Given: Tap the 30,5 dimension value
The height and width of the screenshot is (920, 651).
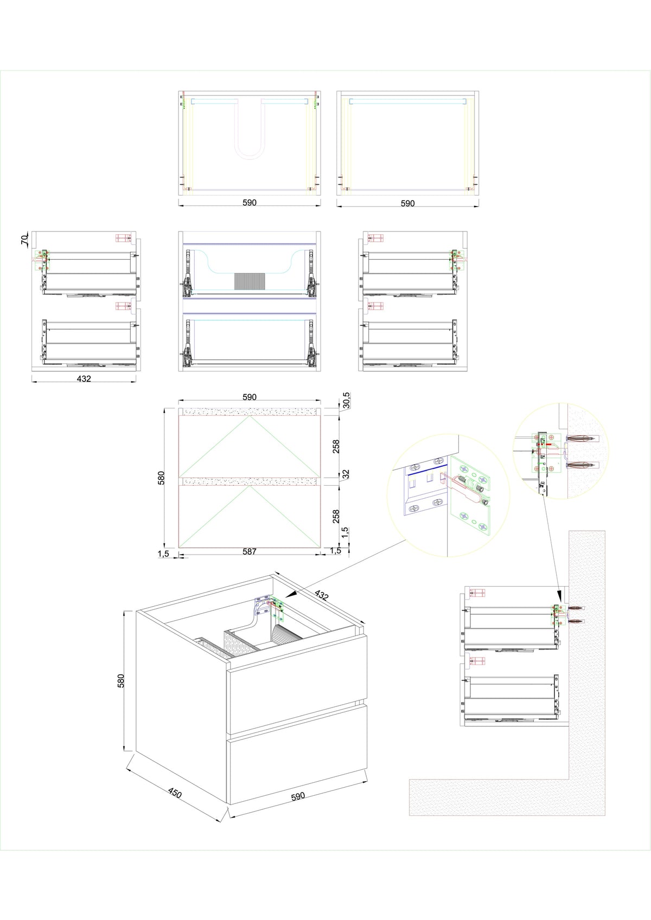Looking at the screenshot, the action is (347, 400).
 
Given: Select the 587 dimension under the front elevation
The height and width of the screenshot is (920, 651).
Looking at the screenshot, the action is (250, 551).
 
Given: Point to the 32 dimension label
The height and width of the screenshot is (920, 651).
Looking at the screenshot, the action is (347, 474).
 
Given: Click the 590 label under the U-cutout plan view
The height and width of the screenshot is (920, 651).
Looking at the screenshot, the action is (250, 202).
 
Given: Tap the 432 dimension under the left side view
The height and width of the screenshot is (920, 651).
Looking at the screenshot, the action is (84, 378).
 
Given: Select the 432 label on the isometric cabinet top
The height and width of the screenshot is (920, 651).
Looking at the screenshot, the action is (321, 595).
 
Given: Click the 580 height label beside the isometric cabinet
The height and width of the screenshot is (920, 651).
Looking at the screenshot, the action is (121, 680).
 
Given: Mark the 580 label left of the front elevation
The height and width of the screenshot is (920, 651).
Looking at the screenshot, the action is (161, 478).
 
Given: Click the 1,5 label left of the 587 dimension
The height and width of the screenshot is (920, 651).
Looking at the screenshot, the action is (163, 554).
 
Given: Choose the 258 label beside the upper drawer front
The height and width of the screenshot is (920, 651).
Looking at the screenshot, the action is (336, 446).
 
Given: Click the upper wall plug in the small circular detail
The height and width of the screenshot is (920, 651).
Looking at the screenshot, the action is (582, 438).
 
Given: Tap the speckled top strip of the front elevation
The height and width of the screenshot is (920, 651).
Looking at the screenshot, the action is (250, 411).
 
